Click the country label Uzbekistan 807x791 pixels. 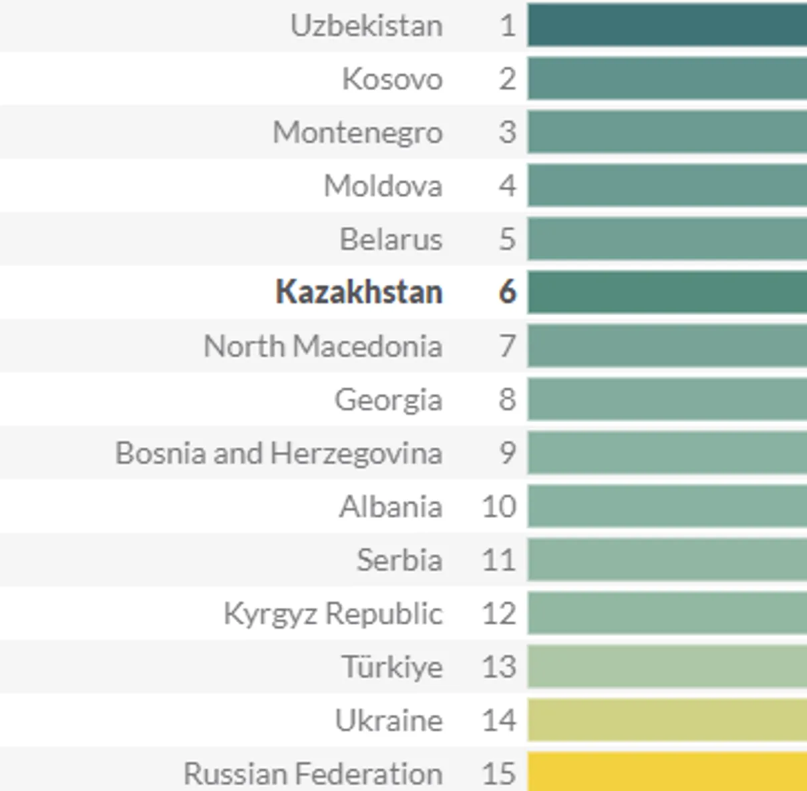(x=366, y=26)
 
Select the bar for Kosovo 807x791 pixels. (x=667, y=79)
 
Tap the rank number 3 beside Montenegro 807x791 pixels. (x=507, y=132)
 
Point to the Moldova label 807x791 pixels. (x=383, y=186)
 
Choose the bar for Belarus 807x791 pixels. (x=667, y=239)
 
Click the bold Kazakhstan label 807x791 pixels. (x=359, y=292)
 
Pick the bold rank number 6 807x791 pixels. (x=507, y=292)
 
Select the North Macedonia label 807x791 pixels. (x=323, y=346)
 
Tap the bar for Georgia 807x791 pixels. (x=667, y=399)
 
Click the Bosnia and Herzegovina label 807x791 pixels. (x=279, y=453)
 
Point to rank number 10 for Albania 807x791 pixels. (x=499, y=507)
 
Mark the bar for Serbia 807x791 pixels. (x=667, y=559)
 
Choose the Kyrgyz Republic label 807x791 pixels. (x=333, y=613)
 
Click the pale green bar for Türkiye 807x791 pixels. (x=667, y=666)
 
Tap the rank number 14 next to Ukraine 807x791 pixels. (x=499, y=720)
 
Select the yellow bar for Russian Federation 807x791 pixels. (x=667, y=772)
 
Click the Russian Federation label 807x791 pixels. (x=313, y=774)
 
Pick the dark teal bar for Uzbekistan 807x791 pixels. (x=667, y=25)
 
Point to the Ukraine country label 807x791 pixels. (x=388, y=720)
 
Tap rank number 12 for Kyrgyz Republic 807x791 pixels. (x=499, y=613)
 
